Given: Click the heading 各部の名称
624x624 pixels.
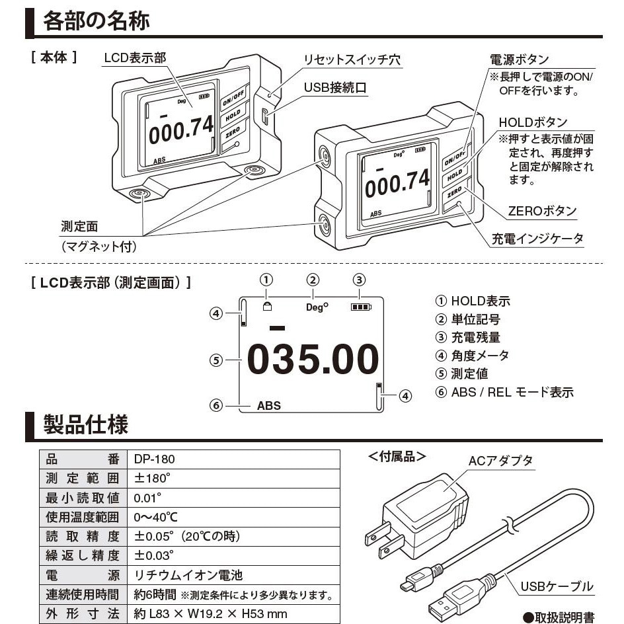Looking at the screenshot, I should click(97, 20).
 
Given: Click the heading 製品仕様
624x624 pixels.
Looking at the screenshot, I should click(86, 424).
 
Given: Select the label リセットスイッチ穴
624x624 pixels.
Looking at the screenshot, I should click(352, 59).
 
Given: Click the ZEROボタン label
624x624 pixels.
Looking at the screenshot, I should click(541, 212).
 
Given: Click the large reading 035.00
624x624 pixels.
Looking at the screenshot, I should click(313, 360).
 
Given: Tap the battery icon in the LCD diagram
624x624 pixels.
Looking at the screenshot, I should click(361, 307).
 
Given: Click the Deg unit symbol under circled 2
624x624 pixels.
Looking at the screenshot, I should click(317, 307).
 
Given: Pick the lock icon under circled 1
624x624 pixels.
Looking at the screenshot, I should click(267, 306).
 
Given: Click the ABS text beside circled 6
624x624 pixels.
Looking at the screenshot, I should click(268, 406).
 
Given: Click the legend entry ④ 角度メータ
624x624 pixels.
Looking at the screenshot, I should click(472, 355).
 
